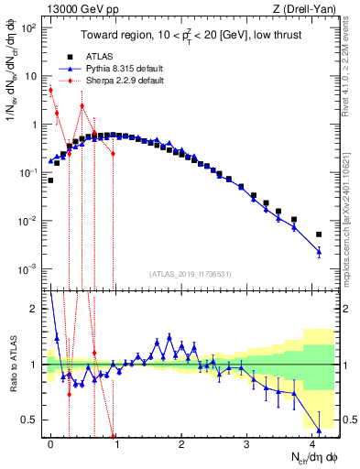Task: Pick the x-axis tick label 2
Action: coord(181,442)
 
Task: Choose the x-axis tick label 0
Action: coord(50,442)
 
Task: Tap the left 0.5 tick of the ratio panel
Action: coord(29,420)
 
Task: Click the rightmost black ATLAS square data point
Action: coord(319,234)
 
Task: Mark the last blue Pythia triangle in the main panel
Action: coord(319,251)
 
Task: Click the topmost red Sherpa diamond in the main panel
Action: coord(50,90)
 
